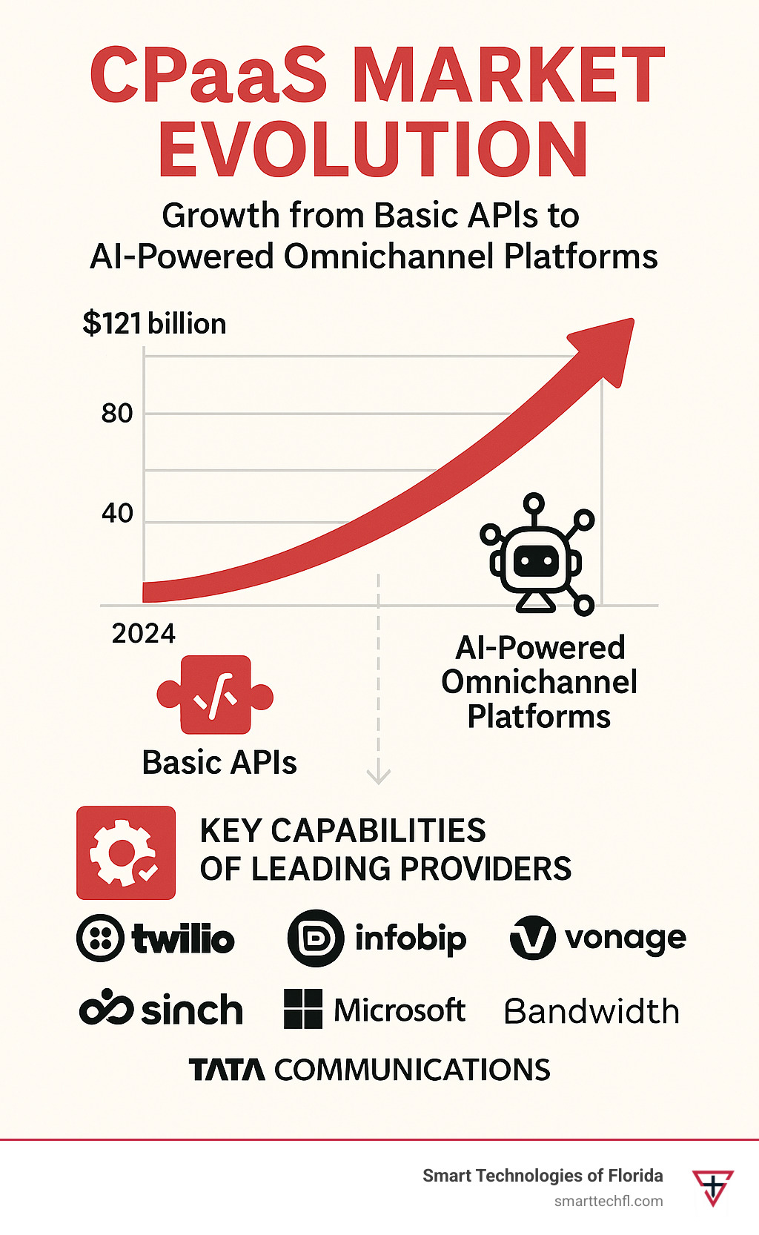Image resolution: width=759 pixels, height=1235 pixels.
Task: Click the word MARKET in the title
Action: tap(509, 76)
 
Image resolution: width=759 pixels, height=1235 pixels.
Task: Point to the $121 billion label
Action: tap(154, 324)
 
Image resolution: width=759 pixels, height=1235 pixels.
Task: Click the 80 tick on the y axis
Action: tap(117, 413)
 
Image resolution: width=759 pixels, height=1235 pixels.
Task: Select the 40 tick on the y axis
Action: tap(117, 513)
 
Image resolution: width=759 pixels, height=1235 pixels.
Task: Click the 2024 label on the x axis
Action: tap(143, 634)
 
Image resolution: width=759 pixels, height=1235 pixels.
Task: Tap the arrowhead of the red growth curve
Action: tap(606, 345)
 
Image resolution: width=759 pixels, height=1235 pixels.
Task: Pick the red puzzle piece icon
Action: tap(215, 695)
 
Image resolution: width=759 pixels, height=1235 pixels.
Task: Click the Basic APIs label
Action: tap(219, 763)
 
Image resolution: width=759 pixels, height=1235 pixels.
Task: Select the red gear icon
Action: tap(126, 852)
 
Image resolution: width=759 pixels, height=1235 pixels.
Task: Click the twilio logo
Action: tap(156, 938)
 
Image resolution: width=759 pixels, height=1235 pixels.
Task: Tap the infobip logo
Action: tap(377, 938)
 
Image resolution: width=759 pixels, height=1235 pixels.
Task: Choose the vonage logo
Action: tap(597, 938)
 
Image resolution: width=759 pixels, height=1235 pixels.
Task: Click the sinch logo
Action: tap(161, 1009)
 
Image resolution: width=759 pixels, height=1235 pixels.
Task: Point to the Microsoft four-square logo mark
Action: tap(303, 1009)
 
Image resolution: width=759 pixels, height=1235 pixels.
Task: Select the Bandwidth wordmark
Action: tap(591, 1011)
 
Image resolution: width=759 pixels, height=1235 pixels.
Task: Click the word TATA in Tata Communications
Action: tap(227, 1070)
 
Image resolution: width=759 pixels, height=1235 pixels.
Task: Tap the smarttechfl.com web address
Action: tap(609, 1201)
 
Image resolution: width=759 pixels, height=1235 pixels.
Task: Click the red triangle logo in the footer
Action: tap(713, 1186)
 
